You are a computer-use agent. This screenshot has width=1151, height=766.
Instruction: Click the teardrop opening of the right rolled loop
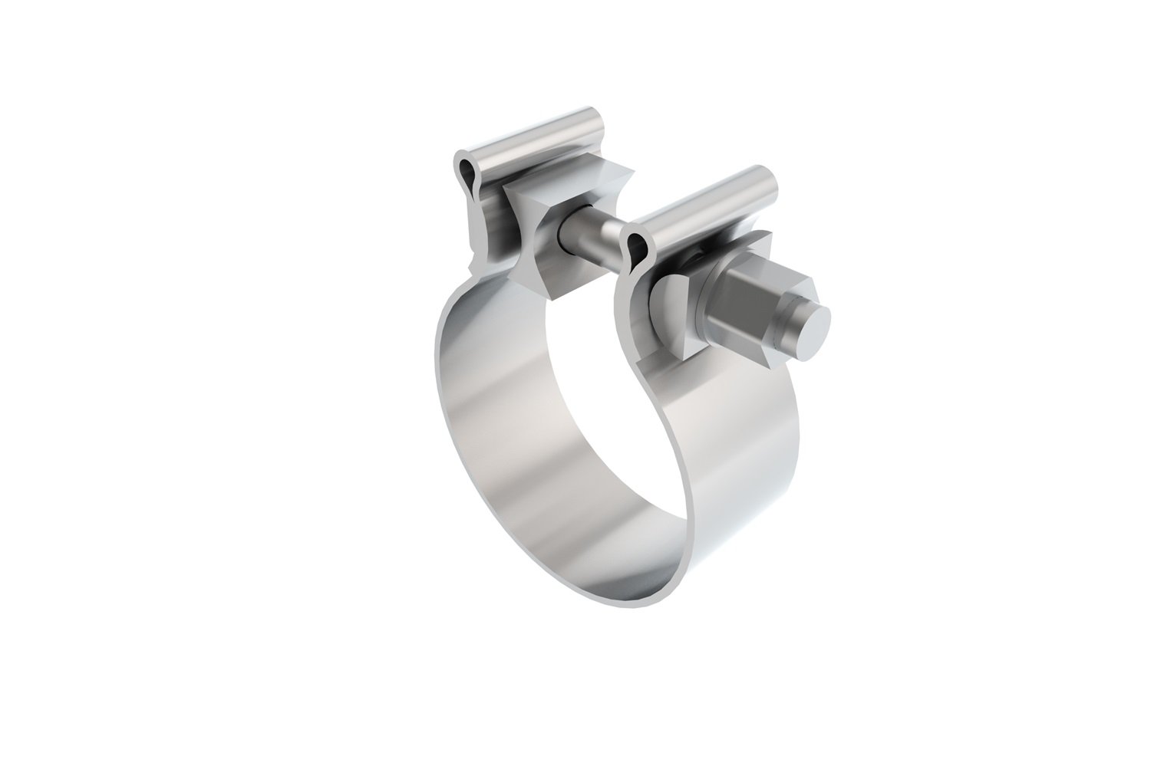click(x=635, y=245)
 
